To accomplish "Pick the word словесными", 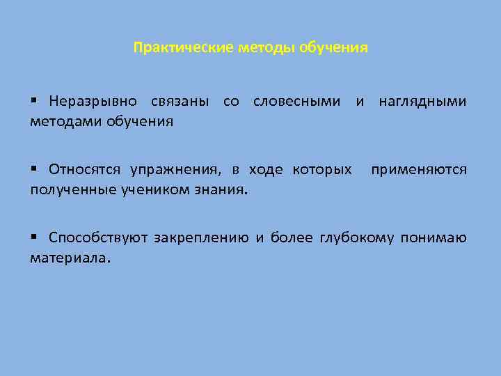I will click(x=297, y=102).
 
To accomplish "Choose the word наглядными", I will click(x=422, y=102).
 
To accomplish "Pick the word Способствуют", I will click(x=98, y=239).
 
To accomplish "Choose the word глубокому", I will click(x=356, y=239).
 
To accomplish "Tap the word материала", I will click(x=70, y=258).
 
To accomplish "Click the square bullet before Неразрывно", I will click(x=33, y=102).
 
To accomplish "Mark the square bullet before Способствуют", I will click(x=33, y=239).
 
